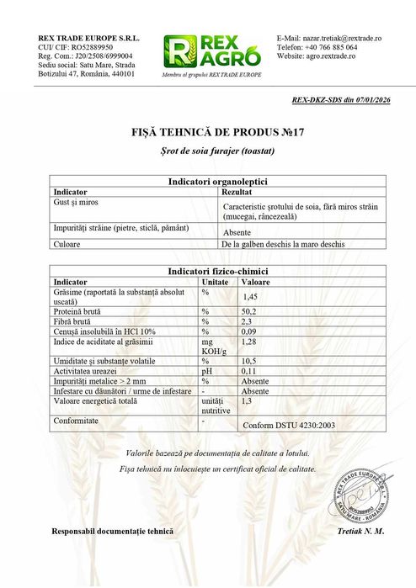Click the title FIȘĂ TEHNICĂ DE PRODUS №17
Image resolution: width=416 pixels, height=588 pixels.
(207, 133)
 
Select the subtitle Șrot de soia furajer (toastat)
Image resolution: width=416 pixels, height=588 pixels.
(207, 150)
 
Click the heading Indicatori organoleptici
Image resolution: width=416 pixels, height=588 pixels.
(208, 182)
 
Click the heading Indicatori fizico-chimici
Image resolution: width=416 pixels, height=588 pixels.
(208, 272)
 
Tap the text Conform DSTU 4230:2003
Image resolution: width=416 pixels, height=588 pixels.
(289, 426)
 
